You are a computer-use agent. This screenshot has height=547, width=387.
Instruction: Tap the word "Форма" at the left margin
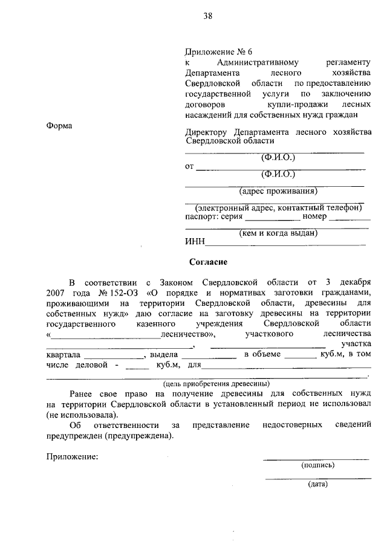click(x=59, y=126)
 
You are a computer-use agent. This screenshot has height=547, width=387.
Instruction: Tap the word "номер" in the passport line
click(x=314, y=216)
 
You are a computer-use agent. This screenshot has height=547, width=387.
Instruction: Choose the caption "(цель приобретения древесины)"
click(x=216, y=383)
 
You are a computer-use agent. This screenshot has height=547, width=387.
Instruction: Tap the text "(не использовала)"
click(x=82, y=415)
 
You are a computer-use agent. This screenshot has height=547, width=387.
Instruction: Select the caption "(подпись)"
click(x=317, y=465)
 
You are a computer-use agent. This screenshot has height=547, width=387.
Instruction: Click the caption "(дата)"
click(x=317, y=484)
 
